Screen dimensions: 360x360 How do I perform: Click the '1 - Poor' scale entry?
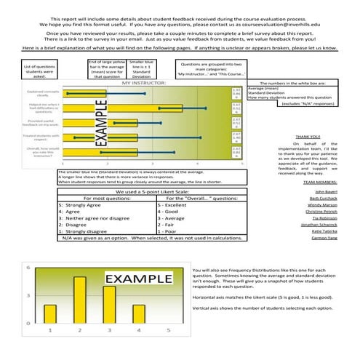point(167,231)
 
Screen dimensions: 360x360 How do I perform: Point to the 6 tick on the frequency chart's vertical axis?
point(28,268)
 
